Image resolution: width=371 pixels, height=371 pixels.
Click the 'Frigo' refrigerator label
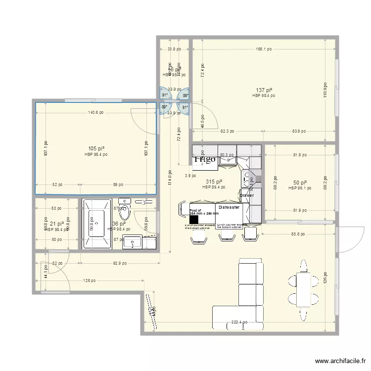204,159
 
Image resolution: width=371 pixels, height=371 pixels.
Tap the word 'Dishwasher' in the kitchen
229,208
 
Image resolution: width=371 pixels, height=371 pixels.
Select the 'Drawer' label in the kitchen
246,196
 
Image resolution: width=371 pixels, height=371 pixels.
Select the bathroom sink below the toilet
133,242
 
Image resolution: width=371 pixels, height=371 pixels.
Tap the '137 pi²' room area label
263,91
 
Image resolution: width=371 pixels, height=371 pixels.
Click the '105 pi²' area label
95,149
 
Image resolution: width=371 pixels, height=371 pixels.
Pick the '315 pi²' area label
214,182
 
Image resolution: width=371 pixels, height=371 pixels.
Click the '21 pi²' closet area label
56,224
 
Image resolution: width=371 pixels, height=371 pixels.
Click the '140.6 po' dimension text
95,112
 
